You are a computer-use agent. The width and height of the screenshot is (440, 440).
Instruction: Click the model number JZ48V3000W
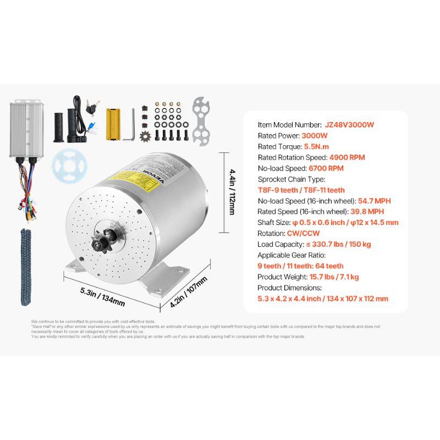pos(349,125)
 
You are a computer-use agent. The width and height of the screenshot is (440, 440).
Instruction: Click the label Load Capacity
pos(281,244)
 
